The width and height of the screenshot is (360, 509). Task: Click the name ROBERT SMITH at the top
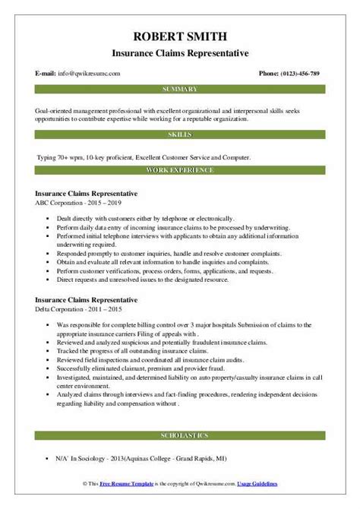pos(179,36)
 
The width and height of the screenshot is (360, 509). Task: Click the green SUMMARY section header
pos(179,90)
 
